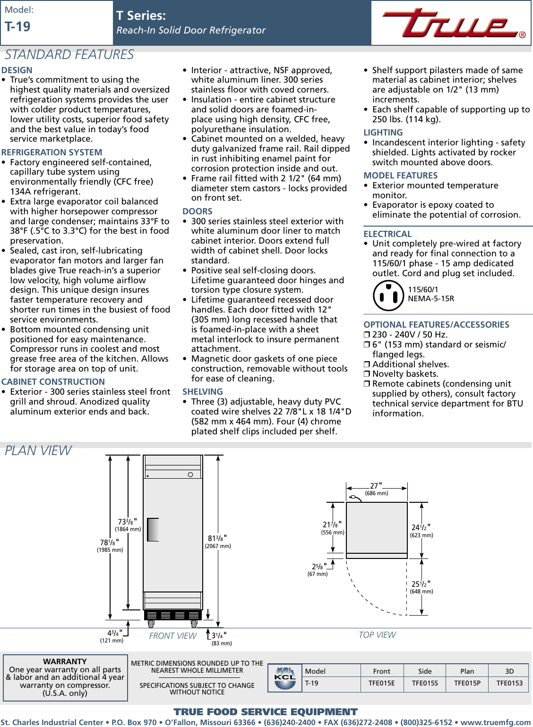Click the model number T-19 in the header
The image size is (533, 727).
pyautogui.click(x=17, y=27)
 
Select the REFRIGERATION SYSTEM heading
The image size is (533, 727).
pyautogui.click(x=52, y=152)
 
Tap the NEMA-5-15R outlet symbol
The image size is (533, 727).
pyautogui.click(x=388, y=296)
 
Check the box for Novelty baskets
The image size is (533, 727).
pyautogui.click(x=367, y=374)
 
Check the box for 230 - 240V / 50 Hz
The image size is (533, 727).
pyautogui.click(x=367, y=335)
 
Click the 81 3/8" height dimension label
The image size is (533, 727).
pyautogui.click(x=217, y=538)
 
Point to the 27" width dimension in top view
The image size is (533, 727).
pyautogui.click(x=376, y=486)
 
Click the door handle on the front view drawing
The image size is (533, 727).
pyautogui.click(x=153, y=529)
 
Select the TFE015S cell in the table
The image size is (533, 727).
pyautogui.click(x=424, y=683)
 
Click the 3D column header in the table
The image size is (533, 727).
pyautogui.click(x=509, y=671)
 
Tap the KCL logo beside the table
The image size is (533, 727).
pyautogui.click(x=285, y=678)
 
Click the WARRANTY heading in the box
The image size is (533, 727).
pyautogui.click(x=65, y=661)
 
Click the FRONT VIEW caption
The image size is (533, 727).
pyautogui.click(x=172, y=636)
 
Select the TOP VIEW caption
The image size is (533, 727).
pyautogui.click(x=377, y=635)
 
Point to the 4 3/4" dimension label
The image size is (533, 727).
pyautogui.click(x=114, y=633)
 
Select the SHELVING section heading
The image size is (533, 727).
pyautogui.click(x=202, y=392)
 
